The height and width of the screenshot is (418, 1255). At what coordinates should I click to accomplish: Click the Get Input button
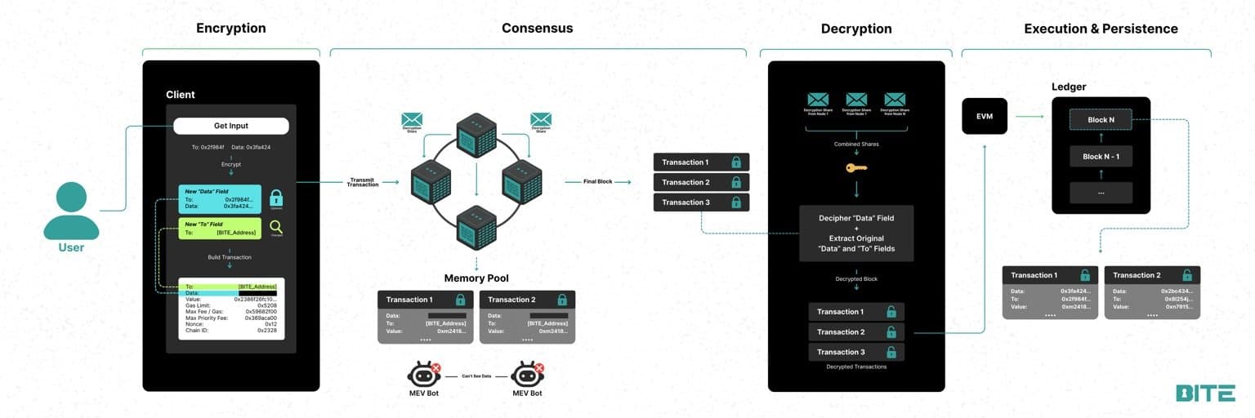[x=231, y=126]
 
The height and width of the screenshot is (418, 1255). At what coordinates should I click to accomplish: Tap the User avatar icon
[x=71, y=211]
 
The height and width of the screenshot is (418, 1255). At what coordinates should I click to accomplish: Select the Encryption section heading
[x=231, y=29]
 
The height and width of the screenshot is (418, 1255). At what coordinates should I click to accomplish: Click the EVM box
[x=984, y=117]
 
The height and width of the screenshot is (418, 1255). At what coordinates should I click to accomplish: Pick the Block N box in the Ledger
[x=1101, y=120]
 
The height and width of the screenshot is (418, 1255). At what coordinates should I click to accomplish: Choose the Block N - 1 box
[x=1101, y=156]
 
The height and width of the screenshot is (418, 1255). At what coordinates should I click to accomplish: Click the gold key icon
[x=856, y=167]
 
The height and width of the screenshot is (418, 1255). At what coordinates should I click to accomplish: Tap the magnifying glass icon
[x=276, y=227]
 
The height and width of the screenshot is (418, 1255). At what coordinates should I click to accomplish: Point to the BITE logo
[x=1205, y=393]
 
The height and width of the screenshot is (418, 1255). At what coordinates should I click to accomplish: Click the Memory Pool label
[x=476, y=278]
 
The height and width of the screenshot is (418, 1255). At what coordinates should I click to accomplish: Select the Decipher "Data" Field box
[x=856, y=219]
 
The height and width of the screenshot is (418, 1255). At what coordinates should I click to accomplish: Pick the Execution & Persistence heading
[x=1101, y=29]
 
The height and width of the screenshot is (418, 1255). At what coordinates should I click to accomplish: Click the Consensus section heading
[x=537, y=29]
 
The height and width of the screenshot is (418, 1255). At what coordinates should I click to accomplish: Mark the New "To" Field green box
[x=220, y=229]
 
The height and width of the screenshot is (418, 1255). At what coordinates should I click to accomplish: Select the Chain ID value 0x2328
[x=266, y=331]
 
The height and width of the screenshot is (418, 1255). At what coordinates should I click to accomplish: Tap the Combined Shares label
[x=856, y=144]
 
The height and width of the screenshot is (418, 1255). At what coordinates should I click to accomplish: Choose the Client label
[x=181, y=95]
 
